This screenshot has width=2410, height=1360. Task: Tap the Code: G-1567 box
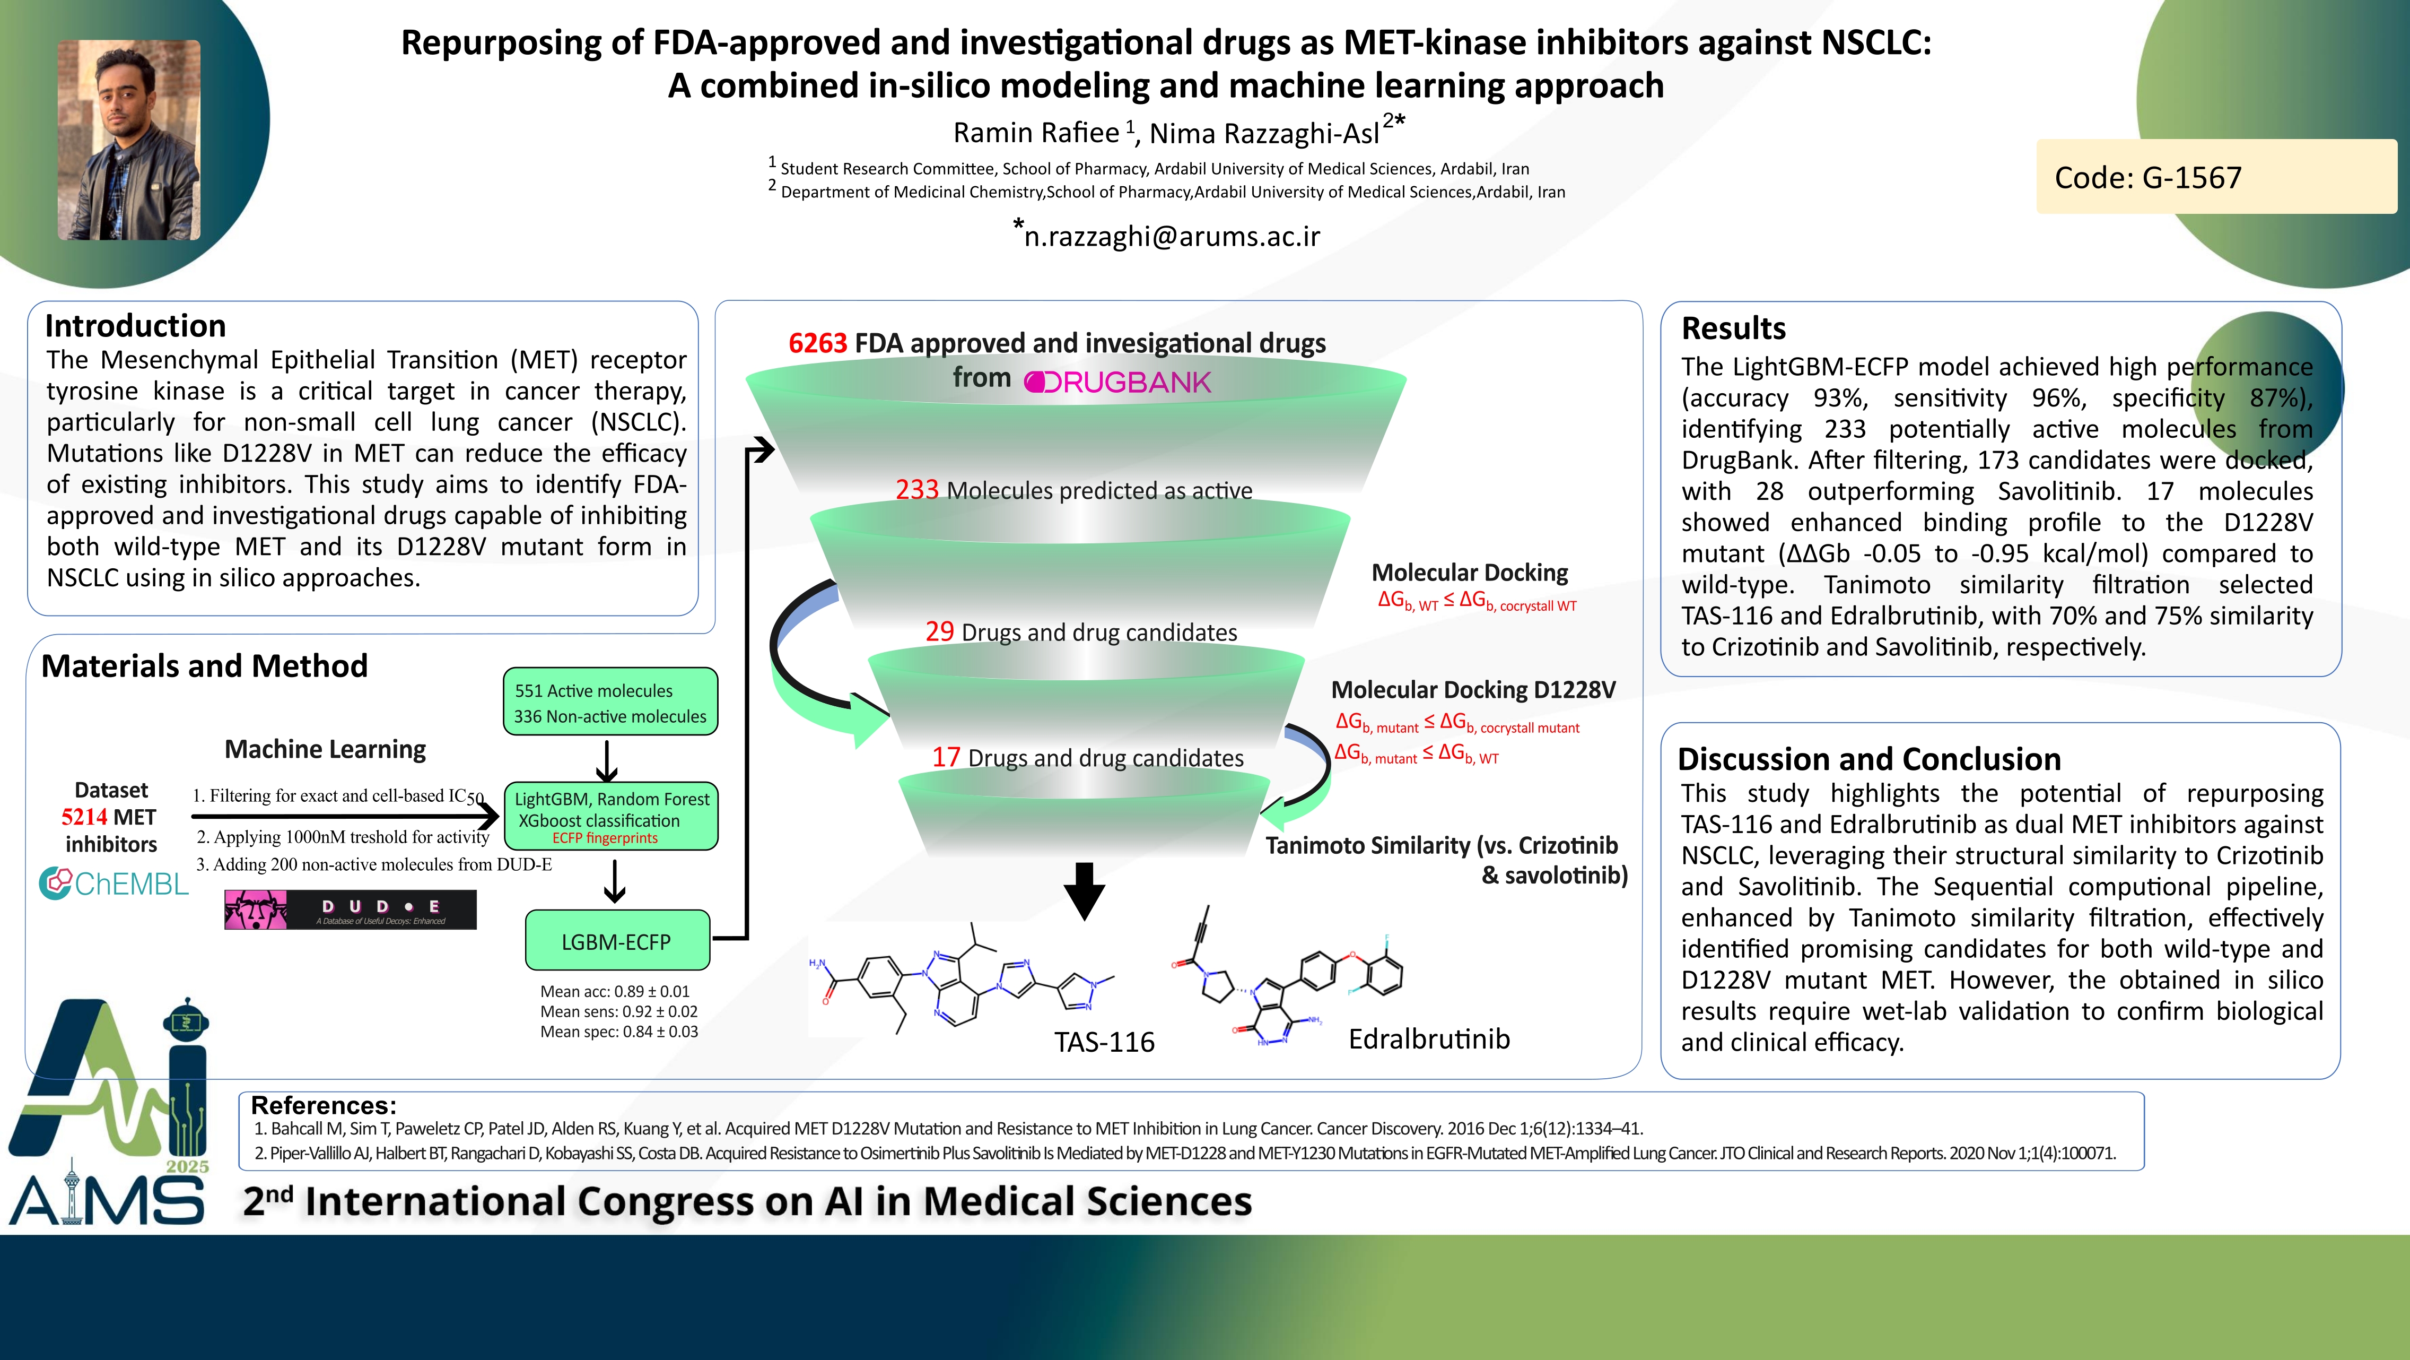point(2215,177)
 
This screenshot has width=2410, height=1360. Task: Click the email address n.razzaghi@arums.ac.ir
point(1171,236)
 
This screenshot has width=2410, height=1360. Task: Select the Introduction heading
point(136,326)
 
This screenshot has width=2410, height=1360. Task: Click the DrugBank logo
point(1118,382)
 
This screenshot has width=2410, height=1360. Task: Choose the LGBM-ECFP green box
point(616,941)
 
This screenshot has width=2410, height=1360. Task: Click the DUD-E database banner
point(350,909)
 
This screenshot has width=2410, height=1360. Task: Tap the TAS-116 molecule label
point(1104,1042)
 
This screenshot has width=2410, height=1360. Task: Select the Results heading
point(1733,328)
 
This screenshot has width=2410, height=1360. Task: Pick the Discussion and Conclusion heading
point(1868,758)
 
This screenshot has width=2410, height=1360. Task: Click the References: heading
point(323,1105)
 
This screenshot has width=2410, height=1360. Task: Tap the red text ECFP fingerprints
point(605,838)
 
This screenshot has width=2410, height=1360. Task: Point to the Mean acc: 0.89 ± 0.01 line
point(615,991)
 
